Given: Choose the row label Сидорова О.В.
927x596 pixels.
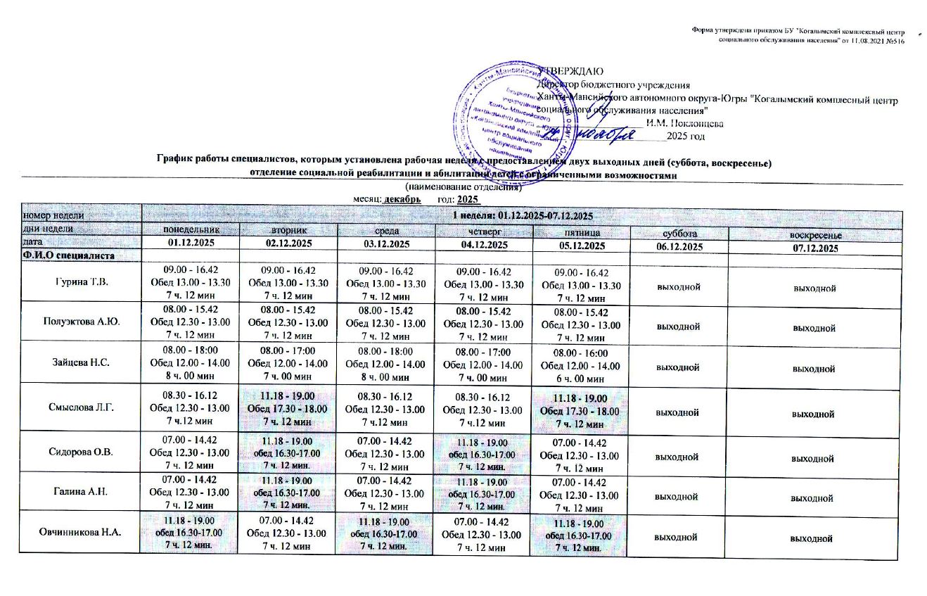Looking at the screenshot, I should coord(82,450).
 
